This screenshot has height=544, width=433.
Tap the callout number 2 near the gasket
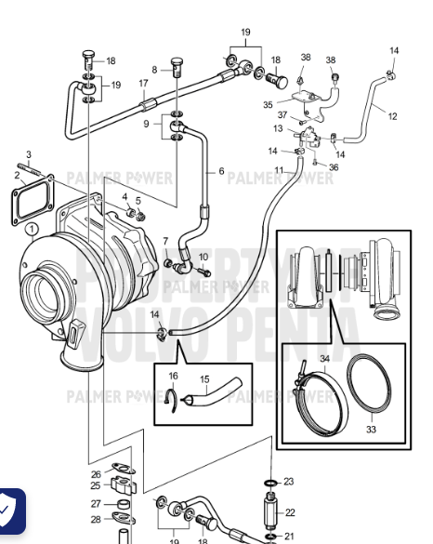click(18, 174)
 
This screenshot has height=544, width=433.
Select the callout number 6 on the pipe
click(221, 171)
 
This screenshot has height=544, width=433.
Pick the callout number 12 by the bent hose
click(391, 116)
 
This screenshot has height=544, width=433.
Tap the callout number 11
click(278, 169)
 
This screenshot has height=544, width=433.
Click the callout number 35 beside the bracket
click(268, 106)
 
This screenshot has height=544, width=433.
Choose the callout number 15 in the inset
click(204, 379)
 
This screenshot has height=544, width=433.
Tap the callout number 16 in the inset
click(173, 376)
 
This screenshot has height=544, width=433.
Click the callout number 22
click(289, 512)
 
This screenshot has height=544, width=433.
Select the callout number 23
click(289, 482)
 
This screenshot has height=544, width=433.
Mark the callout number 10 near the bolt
click(203, 256)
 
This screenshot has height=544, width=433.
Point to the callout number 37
click(282, 115)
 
